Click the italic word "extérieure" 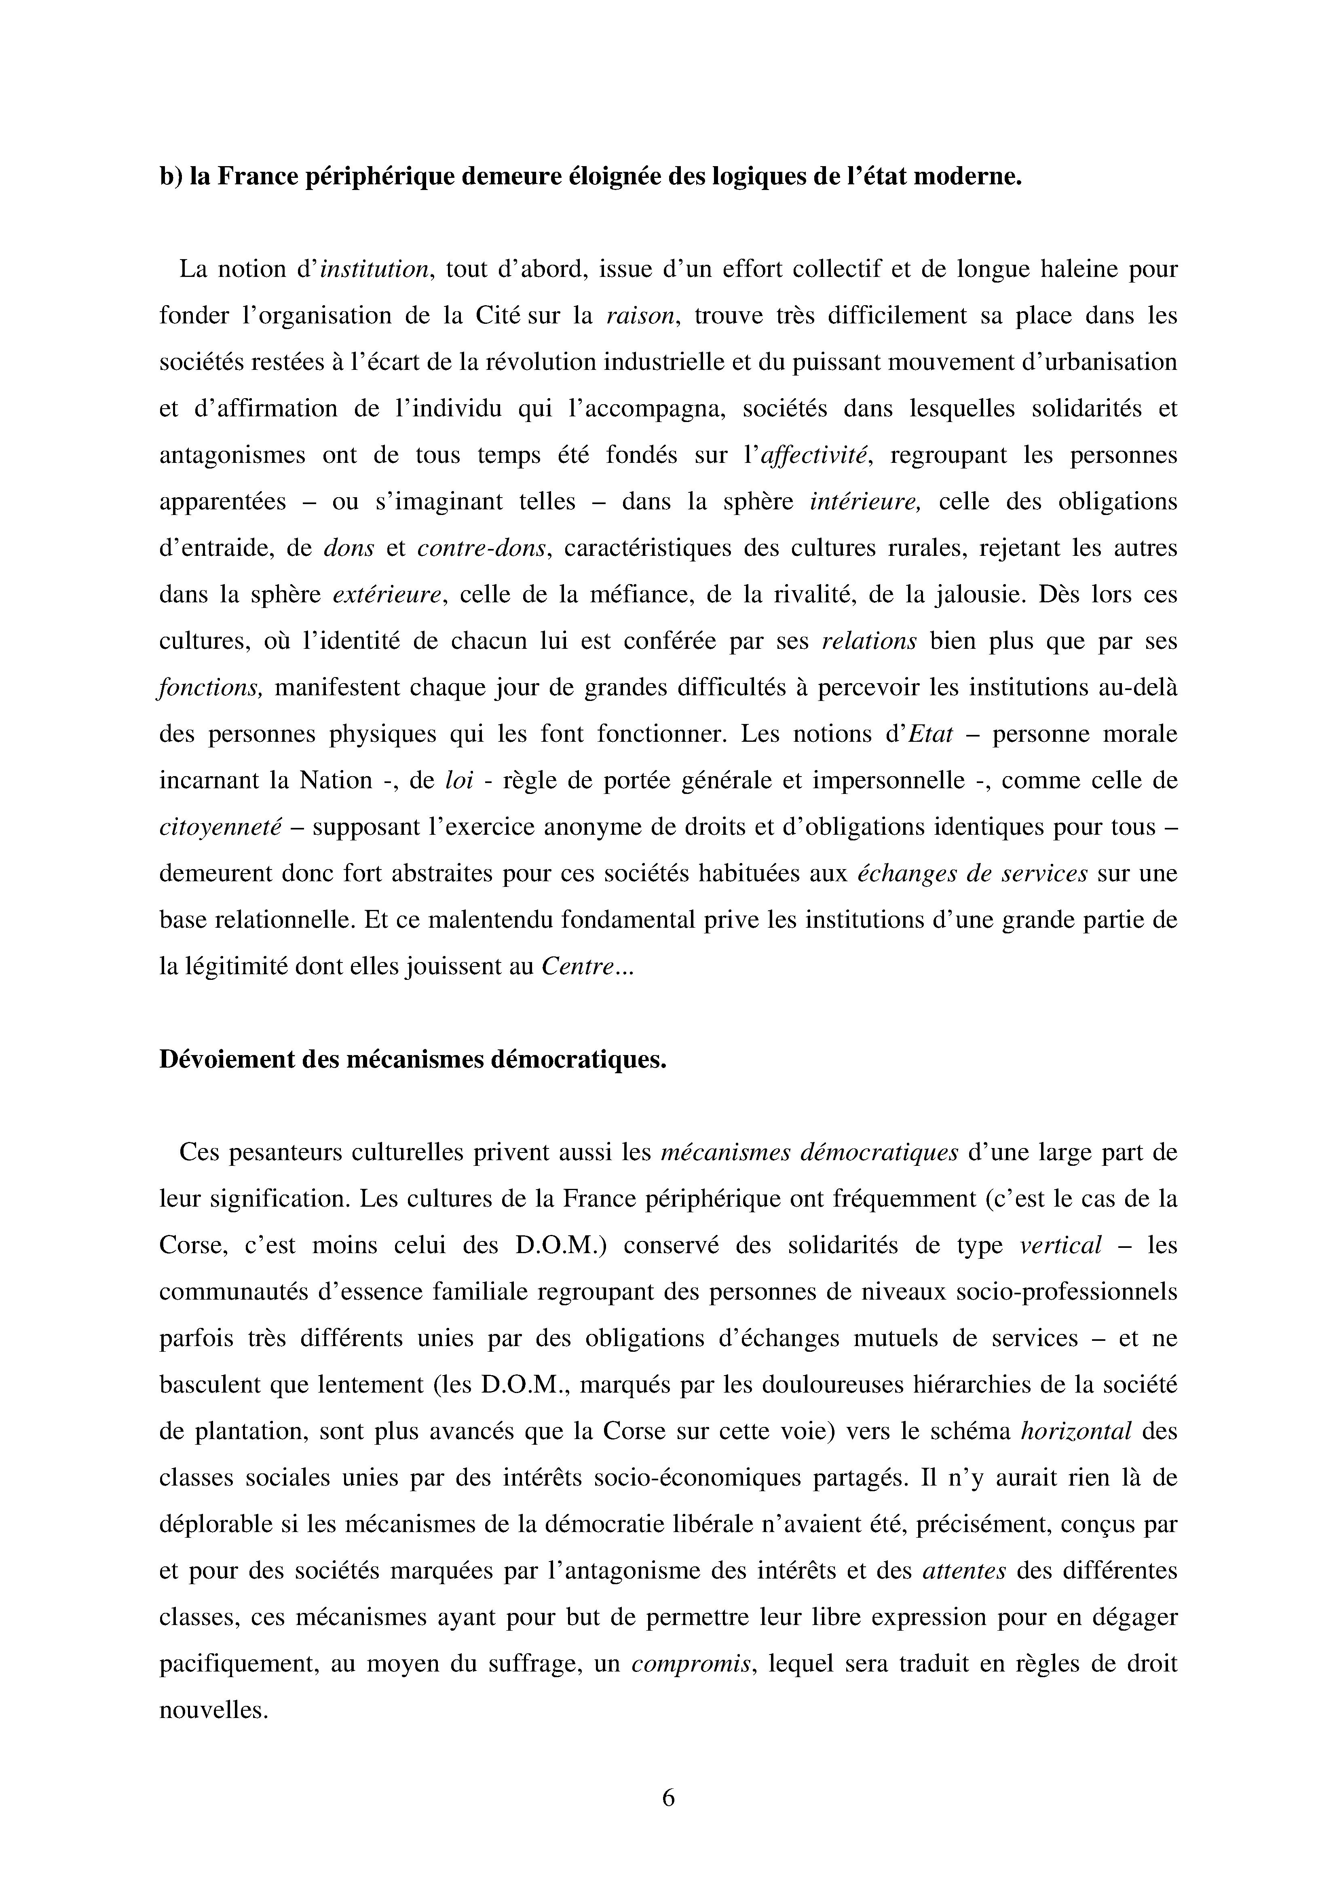(387, 595)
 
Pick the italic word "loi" (459, 780)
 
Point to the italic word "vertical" (1060, 1245)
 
